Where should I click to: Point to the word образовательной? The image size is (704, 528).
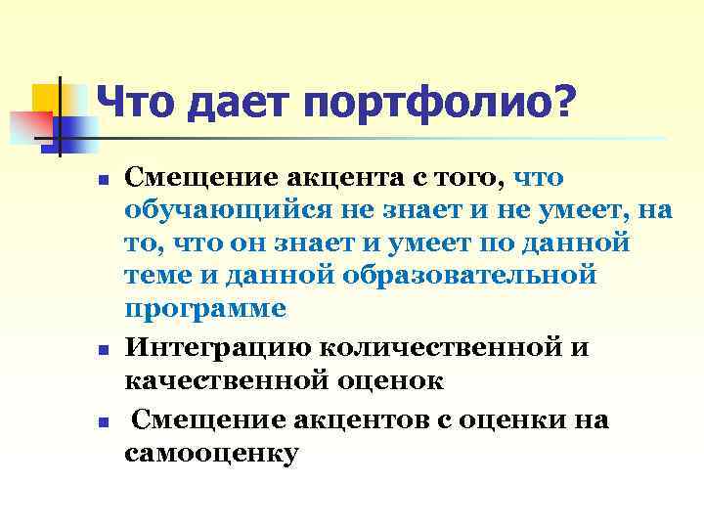pos(469,275)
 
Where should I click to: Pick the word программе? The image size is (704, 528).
pos(206,307)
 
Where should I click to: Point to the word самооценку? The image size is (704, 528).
pos(211,454)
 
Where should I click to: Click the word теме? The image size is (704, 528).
pos(156,275)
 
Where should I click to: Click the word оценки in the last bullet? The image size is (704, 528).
pos(517,421)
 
